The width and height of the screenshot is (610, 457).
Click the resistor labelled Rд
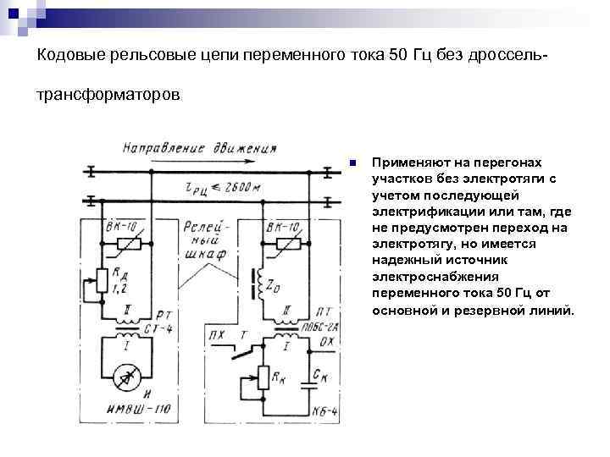(103, 278)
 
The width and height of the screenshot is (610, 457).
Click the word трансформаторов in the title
(108, 96)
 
